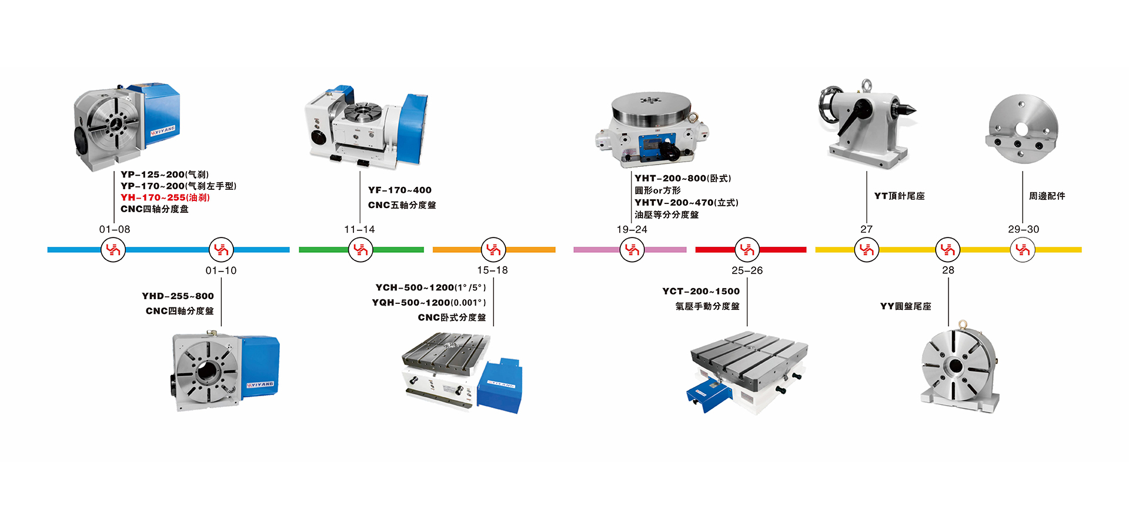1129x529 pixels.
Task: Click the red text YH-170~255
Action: (x=153, y=197)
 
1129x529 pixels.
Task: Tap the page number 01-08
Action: (x=115, y=229)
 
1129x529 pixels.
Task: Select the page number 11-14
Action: (x=359, y=229)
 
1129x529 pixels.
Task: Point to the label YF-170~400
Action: (x=400, y=190)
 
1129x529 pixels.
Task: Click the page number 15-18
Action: (x=493, y=270)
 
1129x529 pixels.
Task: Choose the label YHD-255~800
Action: (x=178, y=296)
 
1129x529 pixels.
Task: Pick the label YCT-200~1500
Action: (x=701, y=291)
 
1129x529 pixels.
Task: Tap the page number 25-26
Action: (x=747, y=270)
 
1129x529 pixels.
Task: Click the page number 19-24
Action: (x=632, y=229)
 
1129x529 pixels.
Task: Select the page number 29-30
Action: (x=1024, y=229)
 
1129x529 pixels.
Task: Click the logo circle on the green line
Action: (x=360, y=250)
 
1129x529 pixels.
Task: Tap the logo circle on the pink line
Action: (x=632, y=250)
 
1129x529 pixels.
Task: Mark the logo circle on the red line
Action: (x=747, y=250)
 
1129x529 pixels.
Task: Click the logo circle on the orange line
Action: (x=493, y=250)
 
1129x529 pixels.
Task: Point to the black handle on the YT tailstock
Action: (x=856, y=116)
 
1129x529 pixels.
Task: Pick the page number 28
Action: (x=948, y=270)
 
